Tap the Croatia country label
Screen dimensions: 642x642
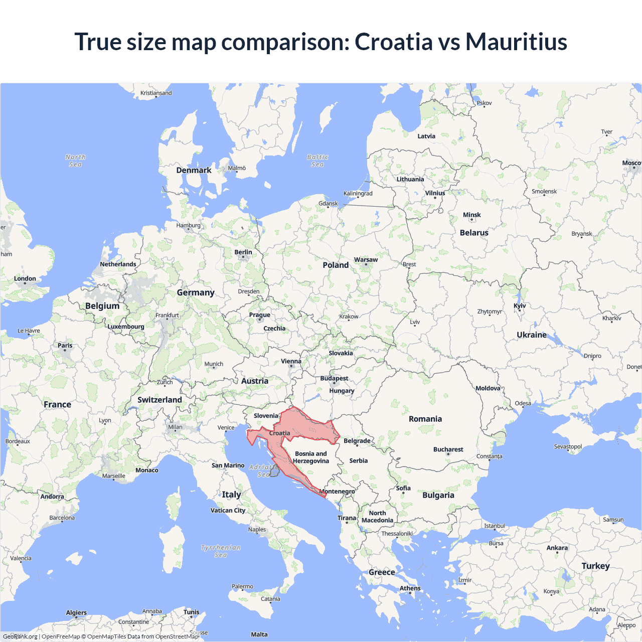279,433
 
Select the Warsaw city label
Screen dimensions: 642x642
366,260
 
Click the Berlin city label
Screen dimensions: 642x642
243,252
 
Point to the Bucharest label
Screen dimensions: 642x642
448,449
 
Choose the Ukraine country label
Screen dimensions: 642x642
532,335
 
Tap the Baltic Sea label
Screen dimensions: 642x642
317,160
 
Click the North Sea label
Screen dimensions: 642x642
75,160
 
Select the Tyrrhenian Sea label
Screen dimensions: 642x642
221,551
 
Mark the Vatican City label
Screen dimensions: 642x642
228,510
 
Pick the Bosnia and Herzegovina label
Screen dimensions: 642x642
311,457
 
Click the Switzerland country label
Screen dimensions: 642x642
159,400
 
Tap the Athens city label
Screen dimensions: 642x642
410,588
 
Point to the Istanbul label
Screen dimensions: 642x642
494,526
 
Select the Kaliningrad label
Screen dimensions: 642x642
358,193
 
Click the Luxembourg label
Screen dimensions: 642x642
125,327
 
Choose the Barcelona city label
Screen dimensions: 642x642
62,518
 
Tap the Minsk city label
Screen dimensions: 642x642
471,215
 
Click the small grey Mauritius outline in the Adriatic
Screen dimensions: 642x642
274,470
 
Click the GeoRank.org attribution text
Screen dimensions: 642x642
20,636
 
